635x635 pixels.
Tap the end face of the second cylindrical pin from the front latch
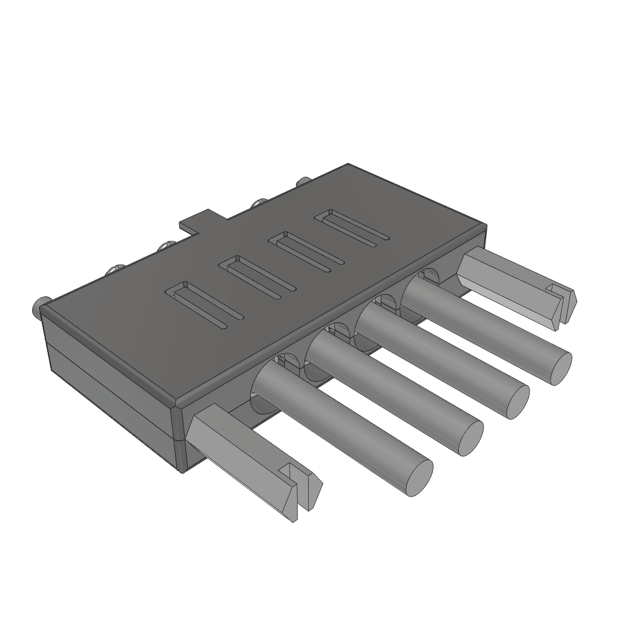pos(470,437)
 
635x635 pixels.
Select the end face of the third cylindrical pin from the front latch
pos(516,401)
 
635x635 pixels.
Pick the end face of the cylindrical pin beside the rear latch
pos(558,367)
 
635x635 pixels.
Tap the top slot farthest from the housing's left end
pos(352,227)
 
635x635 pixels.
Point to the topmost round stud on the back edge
pos(303,182)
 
